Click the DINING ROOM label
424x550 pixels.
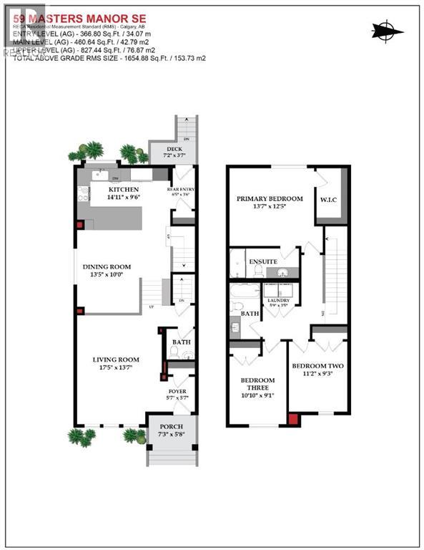tap(110, 266)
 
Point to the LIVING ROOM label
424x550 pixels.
tap(115, 360)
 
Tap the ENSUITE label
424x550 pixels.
tap(263, 262)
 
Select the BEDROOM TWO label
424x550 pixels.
tap(318, 366)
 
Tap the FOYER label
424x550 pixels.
tap(177, 391)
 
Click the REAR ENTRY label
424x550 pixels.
tap(182, 189)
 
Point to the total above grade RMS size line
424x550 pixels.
tap(104, 57)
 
